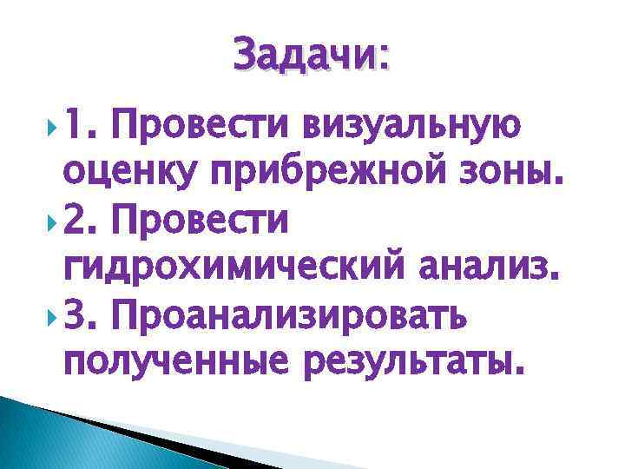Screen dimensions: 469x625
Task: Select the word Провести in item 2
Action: (x=205, y=225)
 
